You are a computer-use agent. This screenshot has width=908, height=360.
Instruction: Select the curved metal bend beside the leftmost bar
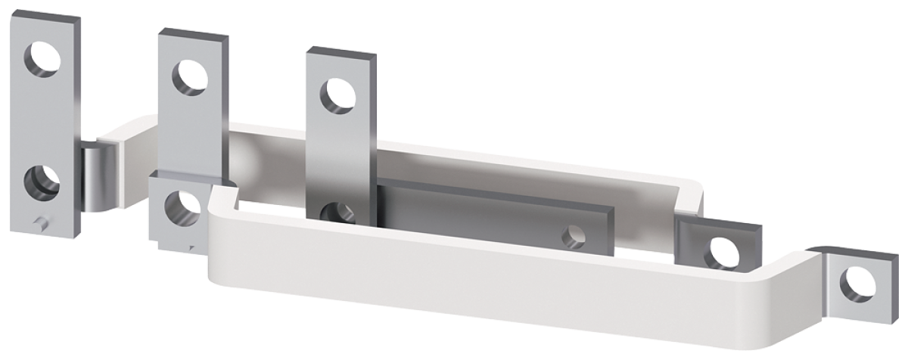click(98, 177)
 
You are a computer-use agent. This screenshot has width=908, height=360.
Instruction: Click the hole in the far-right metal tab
click(857, 283)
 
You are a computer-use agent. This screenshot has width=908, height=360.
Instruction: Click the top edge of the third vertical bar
click(340, 53)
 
